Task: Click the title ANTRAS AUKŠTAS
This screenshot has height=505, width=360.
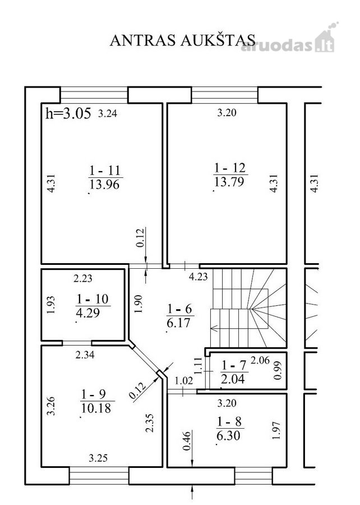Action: pyautogui.click(x=183, y=40)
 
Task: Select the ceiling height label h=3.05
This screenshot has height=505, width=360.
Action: pyautogui.click(x=68, y=113)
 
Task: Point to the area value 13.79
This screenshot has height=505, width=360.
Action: pyautogui.click(x=229, y=182)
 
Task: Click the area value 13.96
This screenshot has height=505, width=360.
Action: pyautogui.click(x=104, y=184)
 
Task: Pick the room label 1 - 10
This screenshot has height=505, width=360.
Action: pyautogui.click(x=93, y=299)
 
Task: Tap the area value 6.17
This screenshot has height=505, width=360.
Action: pyautogui.click(x=178, y=323)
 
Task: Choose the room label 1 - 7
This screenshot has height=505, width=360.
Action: pyautogui.click(x=234, y=365)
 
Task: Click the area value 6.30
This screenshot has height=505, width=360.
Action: pyautogui.click(x=228, y=436)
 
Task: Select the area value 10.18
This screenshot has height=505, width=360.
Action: pyautogui.click(x=96, y=408)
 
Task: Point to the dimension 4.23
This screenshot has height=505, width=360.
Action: pyautogui.click(x=198, y=277)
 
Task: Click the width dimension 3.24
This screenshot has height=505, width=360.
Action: pyautogui.click(x=108, y=113)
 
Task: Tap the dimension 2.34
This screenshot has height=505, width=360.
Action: pyautogui.click(x=85, y=355)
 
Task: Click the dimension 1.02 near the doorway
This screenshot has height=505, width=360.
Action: pyautogui.click(x=184, y=380)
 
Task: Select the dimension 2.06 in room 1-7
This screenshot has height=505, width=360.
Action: pyautogui.click(x=260, y=360)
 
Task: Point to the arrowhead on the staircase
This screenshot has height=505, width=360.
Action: pyautogui.click(x=214, y=328)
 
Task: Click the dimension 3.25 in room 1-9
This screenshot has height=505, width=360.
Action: pyautogui.click(x=98, y=458)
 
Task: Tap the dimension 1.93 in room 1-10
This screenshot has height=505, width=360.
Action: pyautogui.click(x=51, y=305)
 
